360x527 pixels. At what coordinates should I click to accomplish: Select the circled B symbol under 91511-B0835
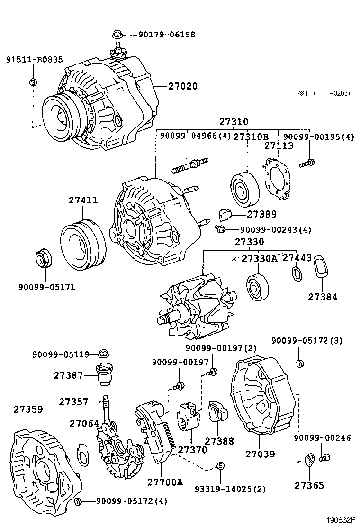click(x=33, y=82)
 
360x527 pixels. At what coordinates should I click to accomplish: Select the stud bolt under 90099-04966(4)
click(x=190, y=166)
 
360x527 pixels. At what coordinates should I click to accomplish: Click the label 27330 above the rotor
click(x=249, y=242)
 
